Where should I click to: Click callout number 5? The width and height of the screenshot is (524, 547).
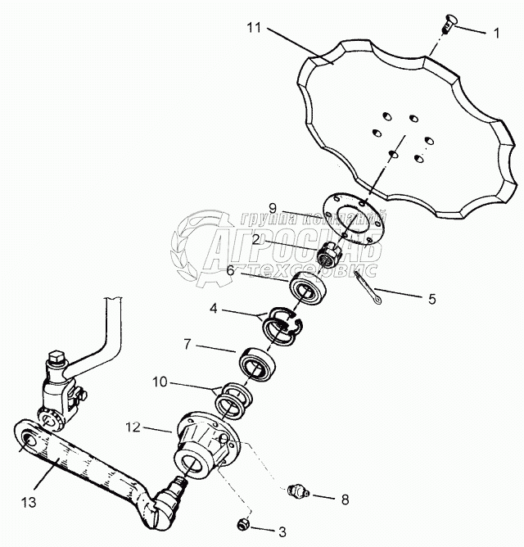pyautogui.click(x=432, y=300)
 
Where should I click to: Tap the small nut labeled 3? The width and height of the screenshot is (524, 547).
pyautogui.click(x=242, y=523)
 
